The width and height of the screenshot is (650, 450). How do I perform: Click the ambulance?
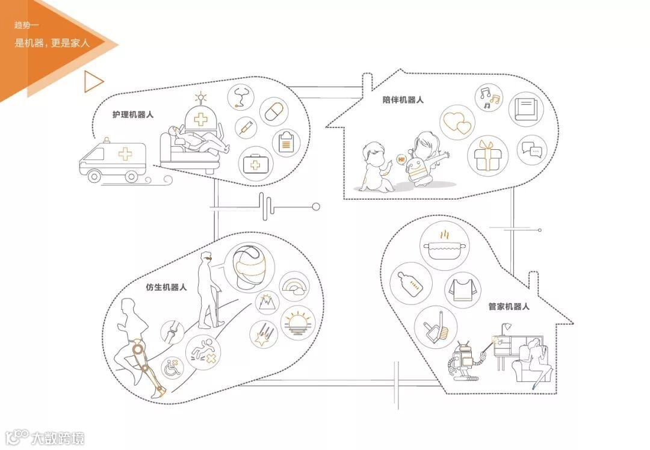coord(113,159)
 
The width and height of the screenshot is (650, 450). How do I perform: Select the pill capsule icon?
coord(274,111)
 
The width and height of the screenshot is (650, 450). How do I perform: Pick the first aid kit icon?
coord(256,164)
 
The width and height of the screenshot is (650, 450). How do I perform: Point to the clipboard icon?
coord(287,143)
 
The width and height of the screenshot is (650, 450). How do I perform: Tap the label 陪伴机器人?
coord(403,100)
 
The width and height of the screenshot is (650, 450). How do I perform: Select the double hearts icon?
coord(457,122)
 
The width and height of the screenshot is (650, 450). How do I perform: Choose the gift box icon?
coord(487,155)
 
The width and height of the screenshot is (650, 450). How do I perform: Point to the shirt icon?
coord(463,290)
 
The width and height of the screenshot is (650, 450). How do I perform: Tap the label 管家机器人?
coord(509,306)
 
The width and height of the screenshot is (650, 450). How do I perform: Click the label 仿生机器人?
coord(166,288)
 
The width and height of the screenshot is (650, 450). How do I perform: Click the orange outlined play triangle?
coord(93,82)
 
